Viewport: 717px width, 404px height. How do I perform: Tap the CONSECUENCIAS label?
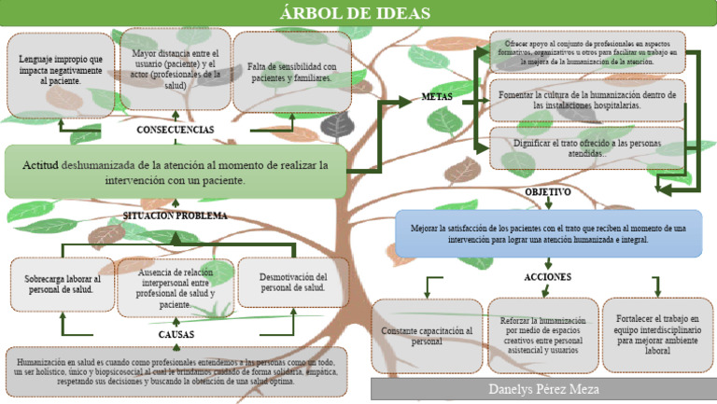click(x=176, y=130)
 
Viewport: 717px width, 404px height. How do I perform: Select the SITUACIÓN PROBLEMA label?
click(x=176, y=216)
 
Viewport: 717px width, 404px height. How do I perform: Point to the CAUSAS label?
click(x=176, y=333)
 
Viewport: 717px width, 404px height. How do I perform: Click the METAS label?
click(x=438, y=97)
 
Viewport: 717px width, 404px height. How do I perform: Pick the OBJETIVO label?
click(x=548, y=192)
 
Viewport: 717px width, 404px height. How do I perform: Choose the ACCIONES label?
click(x=547, y=277)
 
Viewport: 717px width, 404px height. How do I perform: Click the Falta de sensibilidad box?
click(x=291, y=73)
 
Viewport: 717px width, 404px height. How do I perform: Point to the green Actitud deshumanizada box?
click(x=176, y=172)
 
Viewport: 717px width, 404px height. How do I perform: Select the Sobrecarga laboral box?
click(x=62, y=284)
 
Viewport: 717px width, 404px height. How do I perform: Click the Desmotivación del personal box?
click(x=293, y=282)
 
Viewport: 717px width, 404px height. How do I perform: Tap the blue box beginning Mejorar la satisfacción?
click(x=548, y=233)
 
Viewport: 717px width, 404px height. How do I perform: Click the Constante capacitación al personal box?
click(x=427, y=336)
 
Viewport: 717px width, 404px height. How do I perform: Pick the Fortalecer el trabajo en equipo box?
click(x=657, y=335)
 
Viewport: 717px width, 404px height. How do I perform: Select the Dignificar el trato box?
click(x=587, y=148)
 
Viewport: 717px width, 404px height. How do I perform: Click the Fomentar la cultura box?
click(x=587, y=101)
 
